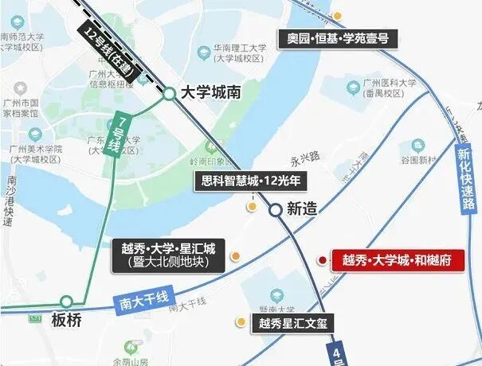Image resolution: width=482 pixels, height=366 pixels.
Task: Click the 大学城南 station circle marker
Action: pos(170,94)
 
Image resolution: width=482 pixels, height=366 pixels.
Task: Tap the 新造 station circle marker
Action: pos(274,210)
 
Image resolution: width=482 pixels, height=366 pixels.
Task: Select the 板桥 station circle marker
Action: pos(67,302)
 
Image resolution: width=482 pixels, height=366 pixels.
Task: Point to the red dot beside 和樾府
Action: pos(322,259)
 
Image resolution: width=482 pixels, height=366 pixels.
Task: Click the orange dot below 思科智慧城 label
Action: pos(253,207)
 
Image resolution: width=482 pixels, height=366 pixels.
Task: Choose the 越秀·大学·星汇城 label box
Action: pos(169,255)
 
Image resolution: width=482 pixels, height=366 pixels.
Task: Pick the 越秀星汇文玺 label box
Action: pos(293,324)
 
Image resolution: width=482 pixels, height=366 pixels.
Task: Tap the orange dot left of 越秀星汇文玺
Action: pos(239,322)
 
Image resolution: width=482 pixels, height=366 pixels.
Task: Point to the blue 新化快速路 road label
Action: pos(464,183)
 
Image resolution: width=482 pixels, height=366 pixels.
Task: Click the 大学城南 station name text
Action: pos(211,93)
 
